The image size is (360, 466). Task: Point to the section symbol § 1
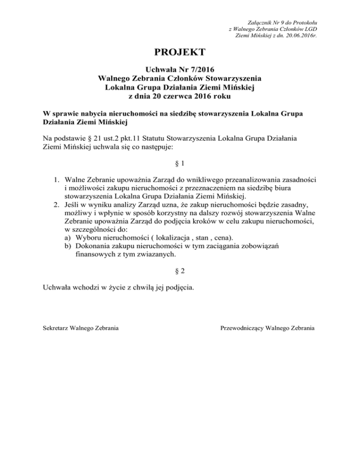point(180,164)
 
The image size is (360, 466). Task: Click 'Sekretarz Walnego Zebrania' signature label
point(80,328)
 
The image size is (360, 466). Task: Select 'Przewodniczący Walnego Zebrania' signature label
point(268,328)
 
